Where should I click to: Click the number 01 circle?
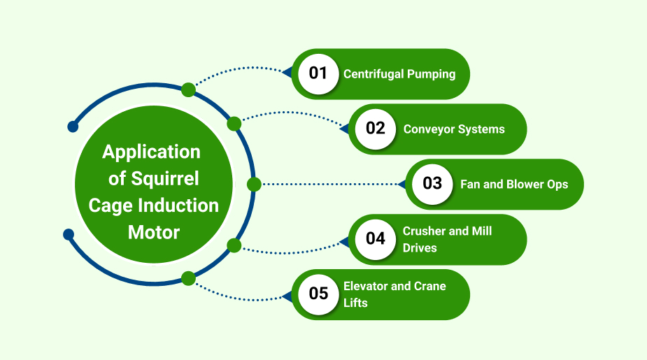[318, 73]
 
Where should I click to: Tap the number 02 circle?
[376, 129]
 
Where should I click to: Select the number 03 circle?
[432, 184]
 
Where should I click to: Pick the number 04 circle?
[376, 239]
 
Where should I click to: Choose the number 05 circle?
[318, 294]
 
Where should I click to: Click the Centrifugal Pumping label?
[399, 74]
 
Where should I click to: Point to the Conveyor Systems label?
[454, 129]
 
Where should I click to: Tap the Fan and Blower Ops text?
[514, 185]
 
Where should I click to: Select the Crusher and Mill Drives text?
[447, 239]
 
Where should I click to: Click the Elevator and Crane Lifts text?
[394, 294]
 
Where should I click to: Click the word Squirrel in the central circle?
[164, 179]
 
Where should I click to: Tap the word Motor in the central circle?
[154, 232]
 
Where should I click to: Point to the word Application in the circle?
[151, 152]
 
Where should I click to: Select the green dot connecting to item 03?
[254, 184]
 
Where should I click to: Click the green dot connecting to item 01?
[188, 89]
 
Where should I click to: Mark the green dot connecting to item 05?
[188, 278]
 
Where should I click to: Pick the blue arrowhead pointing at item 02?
[343, 129]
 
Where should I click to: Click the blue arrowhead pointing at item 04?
[343, 242]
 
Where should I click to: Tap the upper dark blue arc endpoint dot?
[72, 127]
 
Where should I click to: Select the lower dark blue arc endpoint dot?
[69, 234]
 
